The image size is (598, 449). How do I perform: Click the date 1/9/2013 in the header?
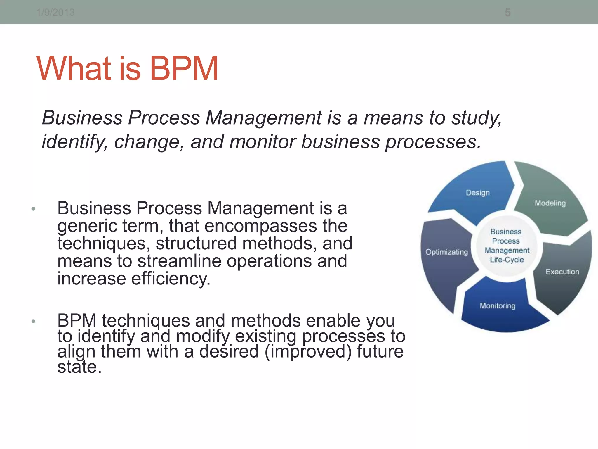pos(55,13)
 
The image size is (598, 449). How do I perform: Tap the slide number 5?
pos(508,13)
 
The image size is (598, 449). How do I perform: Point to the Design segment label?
pos(478,193)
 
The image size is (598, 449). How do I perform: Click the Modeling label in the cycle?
pos(550,203)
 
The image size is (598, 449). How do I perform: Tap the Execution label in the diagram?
pos(562,272)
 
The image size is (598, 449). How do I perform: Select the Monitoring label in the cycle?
pos(498,306)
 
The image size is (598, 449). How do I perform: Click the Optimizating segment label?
pos(446,252)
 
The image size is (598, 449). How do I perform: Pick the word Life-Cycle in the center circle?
pos(507,260)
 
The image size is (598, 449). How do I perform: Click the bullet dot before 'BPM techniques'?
pos(34,321)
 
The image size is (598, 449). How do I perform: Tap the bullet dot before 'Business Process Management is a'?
pos(34,209)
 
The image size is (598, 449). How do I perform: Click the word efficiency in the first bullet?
pos(171,278)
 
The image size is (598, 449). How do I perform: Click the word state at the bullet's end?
pos(79,367)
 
